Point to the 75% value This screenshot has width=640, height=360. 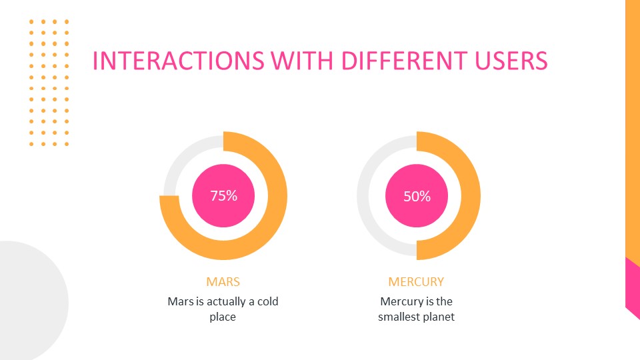223,196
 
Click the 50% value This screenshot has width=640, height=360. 417,197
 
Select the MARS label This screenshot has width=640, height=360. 223,281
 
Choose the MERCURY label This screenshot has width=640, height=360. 416,281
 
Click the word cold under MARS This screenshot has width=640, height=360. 266,301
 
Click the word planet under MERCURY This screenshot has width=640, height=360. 439,317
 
